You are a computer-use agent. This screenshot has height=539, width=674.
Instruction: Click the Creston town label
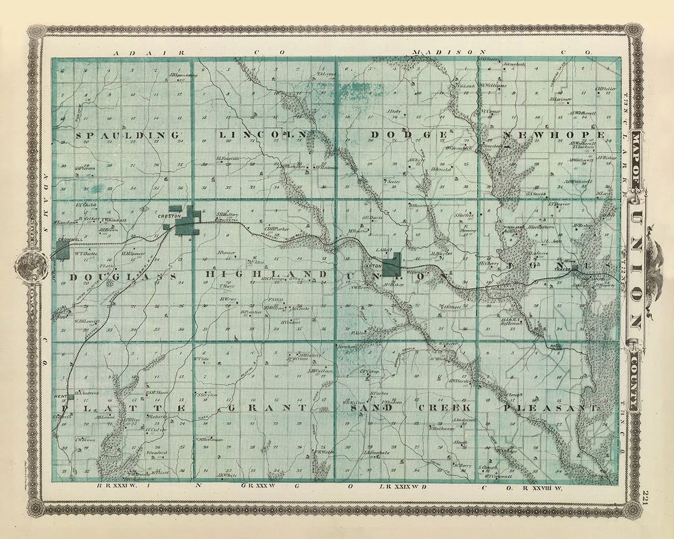pos(166,215)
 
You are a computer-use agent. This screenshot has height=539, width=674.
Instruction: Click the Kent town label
pos(61,396)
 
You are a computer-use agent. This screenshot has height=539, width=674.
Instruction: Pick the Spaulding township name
pos(127,135)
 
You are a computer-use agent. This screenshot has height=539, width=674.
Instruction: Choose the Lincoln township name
pos(262,135)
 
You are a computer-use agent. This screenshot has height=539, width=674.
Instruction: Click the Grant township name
pos(267,407)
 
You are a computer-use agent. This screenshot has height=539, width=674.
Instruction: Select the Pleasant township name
pos(550,407)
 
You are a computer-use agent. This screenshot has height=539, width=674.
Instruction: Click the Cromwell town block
pos(62,249)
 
